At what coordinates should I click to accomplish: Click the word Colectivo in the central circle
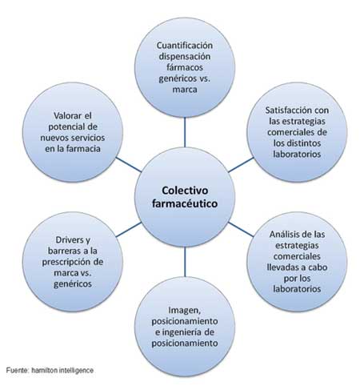[x=185, y=191]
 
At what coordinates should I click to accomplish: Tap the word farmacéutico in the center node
[x=185, y=203]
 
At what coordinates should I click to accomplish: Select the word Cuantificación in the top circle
[x=185, y=46]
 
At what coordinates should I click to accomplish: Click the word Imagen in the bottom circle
[x=184, y=311]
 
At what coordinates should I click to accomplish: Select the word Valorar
[x=66, y=116]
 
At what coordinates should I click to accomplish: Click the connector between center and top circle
[x=185, y=132]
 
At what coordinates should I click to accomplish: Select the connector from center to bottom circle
[x=185, y=262]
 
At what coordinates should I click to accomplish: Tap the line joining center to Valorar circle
[x=128, y=164]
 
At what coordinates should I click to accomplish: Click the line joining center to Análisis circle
[x=241, y=229]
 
